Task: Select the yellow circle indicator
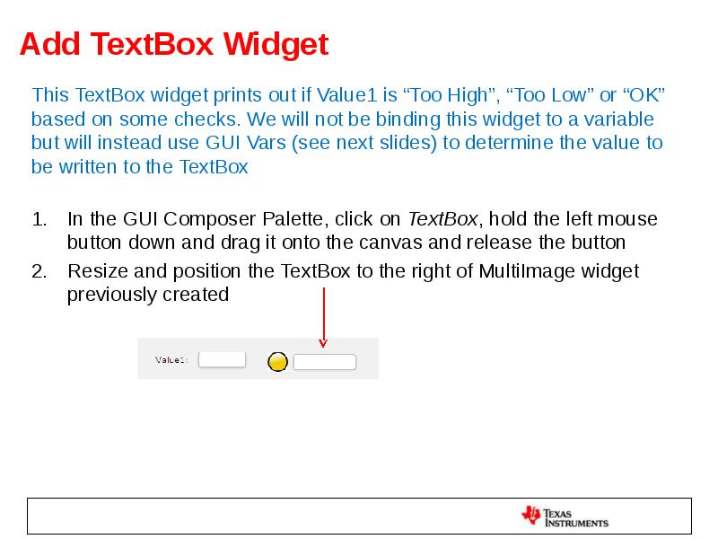pos(278,362)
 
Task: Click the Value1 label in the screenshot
pos(171,360)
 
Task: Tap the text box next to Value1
pos(222,359)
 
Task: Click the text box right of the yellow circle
pos(325,362)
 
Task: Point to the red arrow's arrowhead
pos(323,342)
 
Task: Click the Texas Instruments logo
pos(565,517)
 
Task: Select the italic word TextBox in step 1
pos(443,219)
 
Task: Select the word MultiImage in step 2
pos(528,271)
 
